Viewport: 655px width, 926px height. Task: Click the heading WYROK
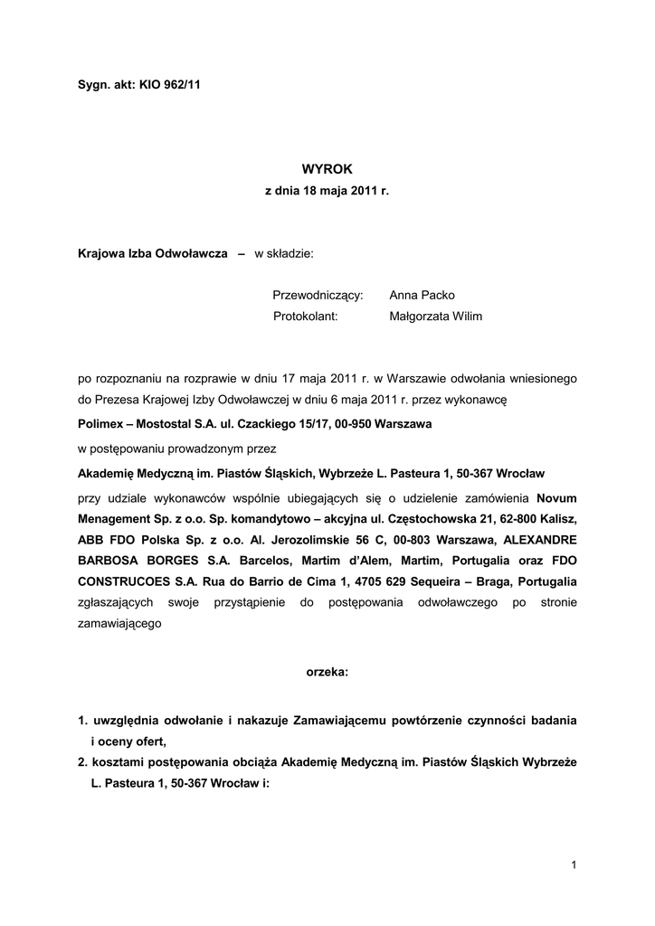pos(327,168)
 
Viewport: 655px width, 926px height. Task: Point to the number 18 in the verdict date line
pos(314,193)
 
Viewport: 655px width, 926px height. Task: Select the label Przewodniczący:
pos(318,296)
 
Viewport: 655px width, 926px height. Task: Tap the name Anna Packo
pos(422,296)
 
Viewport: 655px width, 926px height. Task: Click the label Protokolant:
pos(305,317)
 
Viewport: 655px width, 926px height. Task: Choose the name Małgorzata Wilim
pos(436,317)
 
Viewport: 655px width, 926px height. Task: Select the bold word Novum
pos(556,498)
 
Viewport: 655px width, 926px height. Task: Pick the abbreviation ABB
pos(91,540)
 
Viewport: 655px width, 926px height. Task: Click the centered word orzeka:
pos(326,673)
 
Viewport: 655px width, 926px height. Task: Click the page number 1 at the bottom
pos(574,865)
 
